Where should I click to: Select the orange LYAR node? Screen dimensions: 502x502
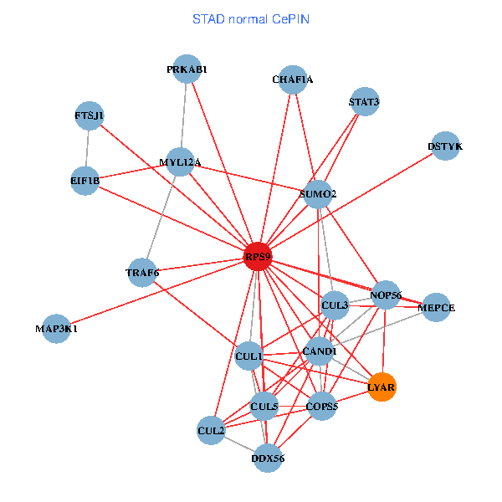point(382,387)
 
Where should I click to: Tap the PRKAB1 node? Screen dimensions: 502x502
point(186,70)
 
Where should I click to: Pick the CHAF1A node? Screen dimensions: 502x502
point(293,79)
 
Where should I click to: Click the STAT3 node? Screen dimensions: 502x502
point(364,102)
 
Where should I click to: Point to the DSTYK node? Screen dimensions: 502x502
point(444,146)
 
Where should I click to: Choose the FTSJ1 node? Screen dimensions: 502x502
point(90,115)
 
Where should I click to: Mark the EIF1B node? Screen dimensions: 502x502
point(85,180)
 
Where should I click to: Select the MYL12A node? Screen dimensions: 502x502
point(181,162)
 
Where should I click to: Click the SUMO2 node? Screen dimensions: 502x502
point(318,195)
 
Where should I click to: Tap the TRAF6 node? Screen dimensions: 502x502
point(142,272)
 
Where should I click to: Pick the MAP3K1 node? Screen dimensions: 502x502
point(57,329)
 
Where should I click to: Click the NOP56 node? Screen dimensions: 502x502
point(386,295)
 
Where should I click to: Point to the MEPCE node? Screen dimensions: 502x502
point(436,308)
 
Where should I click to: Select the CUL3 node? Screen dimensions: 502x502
point(335,305)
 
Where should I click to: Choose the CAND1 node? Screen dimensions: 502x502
point(319,351)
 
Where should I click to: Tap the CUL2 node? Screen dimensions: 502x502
point(211,431)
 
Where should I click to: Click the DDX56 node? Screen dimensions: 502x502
point(268,458)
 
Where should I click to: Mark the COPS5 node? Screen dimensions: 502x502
point(322,407)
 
